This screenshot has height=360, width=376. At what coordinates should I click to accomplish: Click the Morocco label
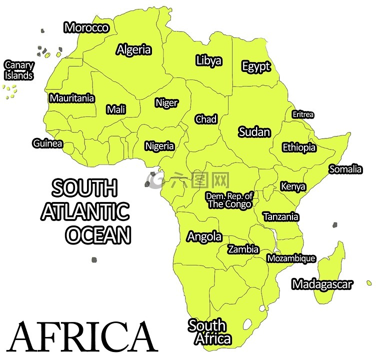pos(86,27)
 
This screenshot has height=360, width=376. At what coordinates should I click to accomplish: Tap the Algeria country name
pos(134,49)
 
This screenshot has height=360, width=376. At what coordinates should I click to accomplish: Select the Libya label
pos(208,61)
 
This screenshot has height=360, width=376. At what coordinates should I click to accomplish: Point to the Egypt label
pos(256,66)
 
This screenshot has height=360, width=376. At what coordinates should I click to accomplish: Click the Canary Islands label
pos(19,70)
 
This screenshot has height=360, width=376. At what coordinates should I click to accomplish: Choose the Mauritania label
pos(71,98)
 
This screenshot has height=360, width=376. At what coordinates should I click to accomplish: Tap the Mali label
pos(116,109)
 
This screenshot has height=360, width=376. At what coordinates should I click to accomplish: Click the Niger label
pos(166,102)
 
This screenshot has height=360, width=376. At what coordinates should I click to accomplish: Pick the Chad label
pos(206,119)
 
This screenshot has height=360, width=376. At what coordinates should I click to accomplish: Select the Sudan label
pos(254,132)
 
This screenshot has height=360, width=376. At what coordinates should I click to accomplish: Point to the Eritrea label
pos(303,114)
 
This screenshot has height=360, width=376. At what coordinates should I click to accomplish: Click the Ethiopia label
pos(299,147)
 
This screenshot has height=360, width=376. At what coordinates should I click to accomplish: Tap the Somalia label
pos(345,169)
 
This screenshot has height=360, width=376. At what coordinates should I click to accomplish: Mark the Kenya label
pos(293,186)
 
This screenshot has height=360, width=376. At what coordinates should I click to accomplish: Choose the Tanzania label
pos(281,217)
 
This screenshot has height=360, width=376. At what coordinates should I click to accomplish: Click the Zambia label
pos(243,249)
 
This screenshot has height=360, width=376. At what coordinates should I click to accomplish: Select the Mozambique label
pos(291,258)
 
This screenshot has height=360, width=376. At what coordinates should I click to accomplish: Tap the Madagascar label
pos(322,284)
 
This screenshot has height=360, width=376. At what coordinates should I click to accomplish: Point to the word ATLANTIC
pos(85,211)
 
